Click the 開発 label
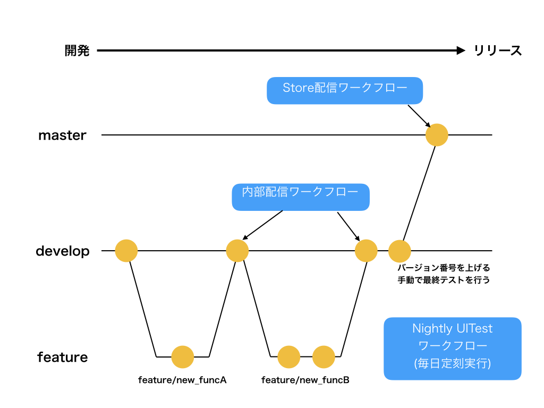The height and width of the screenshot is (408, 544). tap(77, 50)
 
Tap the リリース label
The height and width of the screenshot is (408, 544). tap(497, 50)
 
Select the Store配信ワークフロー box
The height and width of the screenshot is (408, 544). tap(344, 90)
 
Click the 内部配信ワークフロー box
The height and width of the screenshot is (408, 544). tap(301, 197)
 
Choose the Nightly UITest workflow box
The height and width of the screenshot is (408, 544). tap(453, 348)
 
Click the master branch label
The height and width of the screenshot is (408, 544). tap(63, 135)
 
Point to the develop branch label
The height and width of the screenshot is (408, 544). tap(63, 251)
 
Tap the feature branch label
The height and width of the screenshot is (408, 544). tap(63, 357)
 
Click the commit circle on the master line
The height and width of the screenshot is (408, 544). tap(437, 135)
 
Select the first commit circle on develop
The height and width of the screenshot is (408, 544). tap(126, 251)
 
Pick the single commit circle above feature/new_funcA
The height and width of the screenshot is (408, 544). tap(183, 357)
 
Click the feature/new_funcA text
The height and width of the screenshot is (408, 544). tap(182, 380)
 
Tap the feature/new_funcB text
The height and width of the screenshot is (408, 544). tap(305, 380)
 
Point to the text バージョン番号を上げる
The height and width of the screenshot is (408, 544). tap(444, 268)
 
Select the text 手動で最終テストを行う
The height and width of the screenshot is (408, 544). tap(444, 280)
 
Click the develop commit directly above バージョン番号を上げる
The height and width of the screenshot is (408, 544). tap(399, 251)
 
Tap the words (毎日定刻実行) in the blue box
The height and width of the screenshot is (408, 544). tap(453, 363)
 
